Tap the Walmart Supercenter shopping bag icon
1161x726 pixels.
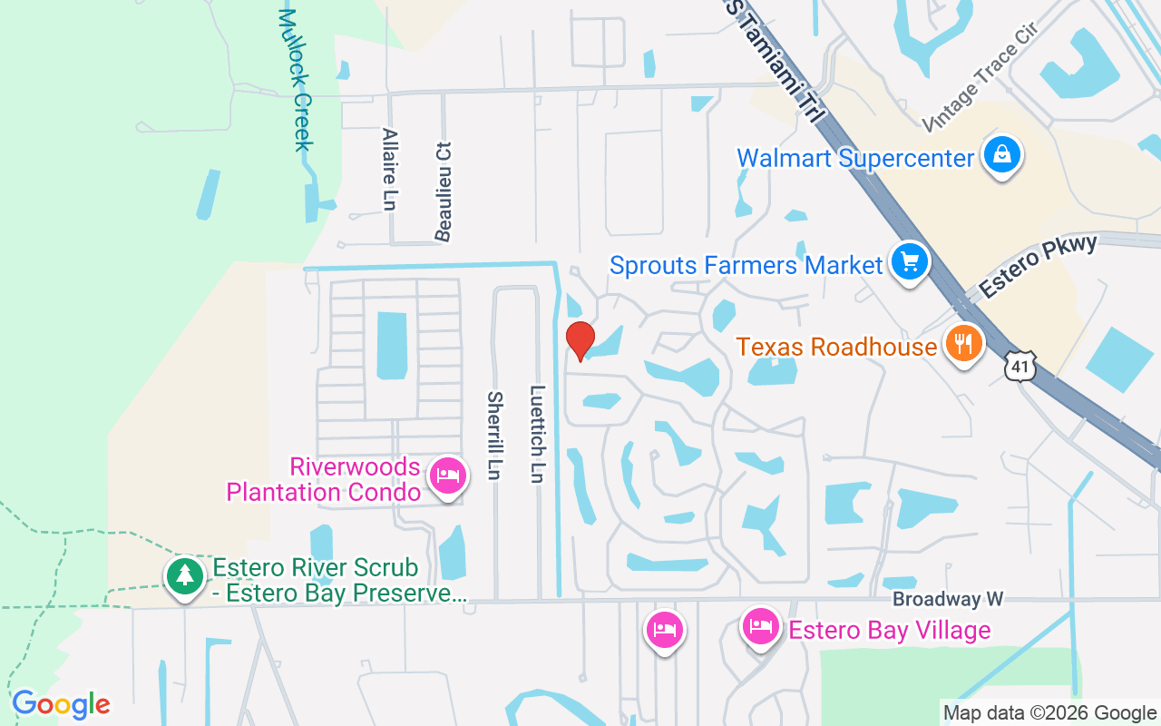point(1001,155)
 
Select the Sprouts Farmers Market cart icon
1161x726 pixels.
point(909,263)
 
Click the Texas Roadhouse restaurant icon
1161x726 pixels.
point(963,344)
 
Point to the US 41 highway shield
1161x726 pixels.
point(1020,366)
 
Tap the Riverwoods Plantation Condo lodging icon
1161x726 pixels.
point(448,476)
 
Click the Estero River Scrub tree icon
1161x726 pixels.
point(185,575)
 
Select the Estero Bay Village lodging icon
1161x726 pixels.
point(760,626)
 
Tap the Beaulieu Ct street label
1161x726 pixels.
point(444,191)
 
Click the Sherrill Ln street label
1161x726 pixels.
point(494,436)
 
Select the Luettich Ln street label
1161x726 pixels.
point(538,434)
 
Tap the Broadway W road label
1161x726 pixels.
point(948,599)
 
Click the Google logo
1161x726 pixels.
point(61,704)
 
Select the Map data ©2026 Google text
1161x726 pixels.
point(1049,713)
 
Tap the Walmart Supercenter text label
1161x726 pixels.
point(855,158)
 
